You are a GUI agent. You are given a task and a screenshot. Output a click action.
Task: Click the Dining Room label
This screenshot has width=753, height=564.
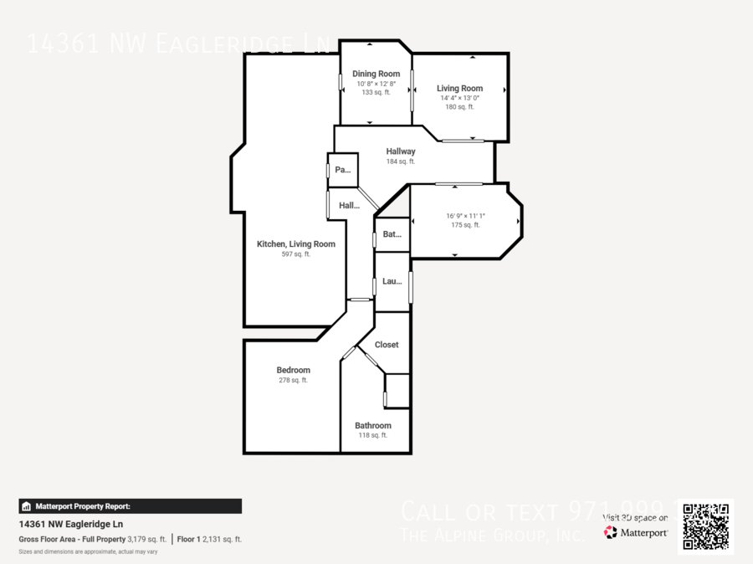click(x=376, y=74)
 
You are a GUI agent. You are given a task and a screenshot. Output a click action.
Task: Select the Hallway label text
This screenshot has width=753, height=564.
click(x=401, y=151)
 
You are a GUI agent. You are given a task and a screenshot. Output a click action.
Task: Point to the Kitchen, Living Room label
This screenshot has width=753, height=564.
click(x=295, y=244)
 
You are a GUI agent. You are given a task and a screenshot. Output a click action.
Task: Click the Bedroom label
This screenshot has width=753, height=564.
click(x=293, y=370)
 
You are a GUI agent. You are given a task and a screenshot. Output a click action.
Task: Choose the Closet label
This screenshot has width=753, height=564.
click(x=387, y=345)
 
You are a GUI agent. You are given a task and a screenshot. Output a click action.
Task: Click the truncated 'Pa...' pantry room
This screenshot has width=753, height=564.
click(x=343, y=170)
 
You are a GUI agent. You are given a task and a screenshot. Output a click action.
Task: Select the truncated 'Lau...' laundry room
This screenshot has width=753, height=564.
click(x=392, y=281)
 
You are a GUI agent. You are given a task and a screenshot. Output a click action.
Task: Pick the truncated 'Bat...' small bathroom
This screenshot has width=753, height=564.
click(x=392, y=235)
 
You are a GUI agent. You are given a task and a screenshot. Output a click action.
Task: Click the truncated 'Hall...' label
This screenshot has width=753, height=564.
click(x=349, y=205)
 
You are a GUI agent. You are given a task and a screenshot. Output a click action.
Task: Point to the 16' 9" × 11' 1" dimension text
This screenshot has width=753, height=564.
click(x=465, y=216)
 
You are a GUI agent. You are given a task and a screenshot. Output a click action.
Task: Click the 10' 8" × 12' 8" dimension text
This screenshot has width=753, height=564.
click(x=376, y=84)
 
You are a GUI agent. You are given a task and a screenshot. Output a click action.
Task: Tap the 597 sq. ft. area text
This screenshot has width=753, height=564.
click(x=295, y=254)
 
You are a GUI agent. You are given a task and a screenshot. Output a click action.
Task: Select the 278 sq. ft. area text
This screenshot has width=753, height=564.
click(x=293, y=380)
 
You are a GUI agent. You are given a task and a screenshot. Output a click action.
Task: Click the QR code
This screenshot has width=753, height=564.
click(x=705, y=526)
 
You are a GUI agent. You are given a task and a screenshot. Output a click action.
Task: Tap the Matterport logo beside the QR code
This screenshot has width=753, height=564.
click(x=636, y=532)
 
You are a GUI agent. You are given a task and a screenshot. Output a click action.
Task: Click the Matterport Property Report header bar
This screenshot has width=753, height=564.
click(x=130, y=506)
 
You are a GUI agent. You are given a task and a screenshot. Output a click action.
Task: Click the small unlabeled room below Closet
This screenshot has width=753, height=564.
click(x=397, y=391)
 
